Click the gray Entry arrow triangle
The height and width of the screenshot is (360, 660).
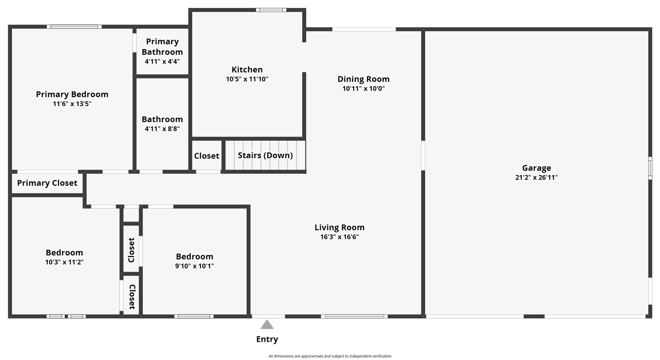click(267, 325)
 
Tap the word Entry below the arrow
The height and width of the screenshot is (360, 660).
click(267, 339)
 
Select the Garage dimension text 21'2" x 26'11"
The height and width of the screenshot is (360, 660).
click(536, 177)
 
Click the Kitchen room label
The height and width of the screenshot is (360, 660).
click(247, 70)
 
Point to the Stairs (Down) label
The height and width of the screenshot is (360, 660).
click(265, 155)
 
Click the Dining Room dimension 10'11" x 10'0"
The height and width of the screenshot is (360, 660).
click(364, 88)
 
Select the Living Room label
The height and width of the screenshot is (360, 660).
click(339, 227)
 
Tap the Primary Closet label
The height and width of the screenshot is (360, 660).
click(47, 183)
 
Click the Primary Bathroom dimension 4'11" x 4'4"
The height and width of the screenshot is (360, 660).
click(162, 61)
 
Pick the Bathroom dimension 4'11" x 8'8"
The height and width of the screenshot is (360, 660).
click(162, 128)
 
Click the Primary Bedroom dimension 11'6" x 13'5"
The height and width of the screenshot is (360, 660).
click(72, 104)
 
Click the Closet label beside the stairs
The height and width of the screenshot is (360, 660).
click(207, 156)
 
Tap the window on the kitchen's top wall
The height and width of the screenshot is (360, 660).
click(271, 10)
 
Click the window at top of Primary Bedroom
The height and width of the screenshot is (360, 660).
click(74, 26)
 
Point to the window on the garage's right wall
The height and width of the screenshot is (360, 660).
click(650, 168)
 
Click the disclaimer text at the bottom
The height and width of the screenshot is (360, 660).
click(330, 356)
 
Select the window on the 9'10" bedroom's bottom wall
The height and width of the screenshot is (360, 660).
click(194, 316)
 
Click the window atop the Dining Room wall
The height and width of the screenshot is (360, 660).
click(364, 29)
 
